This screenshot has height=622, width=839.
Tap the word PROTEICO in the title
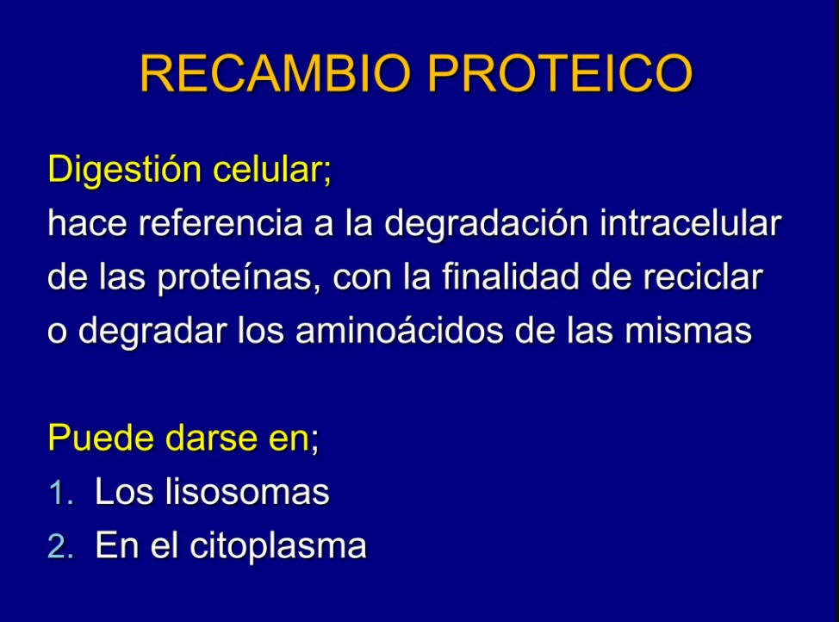point(560,73)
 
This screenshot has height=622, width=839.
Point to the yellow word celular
point(272,170)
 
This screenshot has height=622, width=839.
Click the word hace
point(87,223)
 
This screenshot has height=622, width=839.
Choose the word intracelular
point(690,223)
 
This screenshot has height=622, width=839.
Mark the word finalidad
point(511,277)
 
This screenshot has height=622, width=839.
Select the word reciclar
point(703,277)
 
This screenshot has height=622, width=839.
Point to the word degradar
point(152,332)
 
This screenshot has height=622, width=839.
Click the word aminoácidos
point(399,330)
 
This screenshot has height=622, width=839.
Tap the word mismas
point(688,330)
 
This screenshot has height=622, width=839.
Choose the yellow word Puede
point(101,438)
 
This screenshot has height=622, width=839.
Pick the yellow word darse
point(211,438)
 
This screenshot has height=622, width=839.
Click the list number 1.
point(60,493)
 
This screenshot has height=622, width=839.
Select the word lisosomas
point(246,491)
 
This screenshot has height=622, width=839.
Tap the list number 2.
point(60,546)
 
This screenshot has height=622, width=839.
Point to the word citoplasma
point(278,547)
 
